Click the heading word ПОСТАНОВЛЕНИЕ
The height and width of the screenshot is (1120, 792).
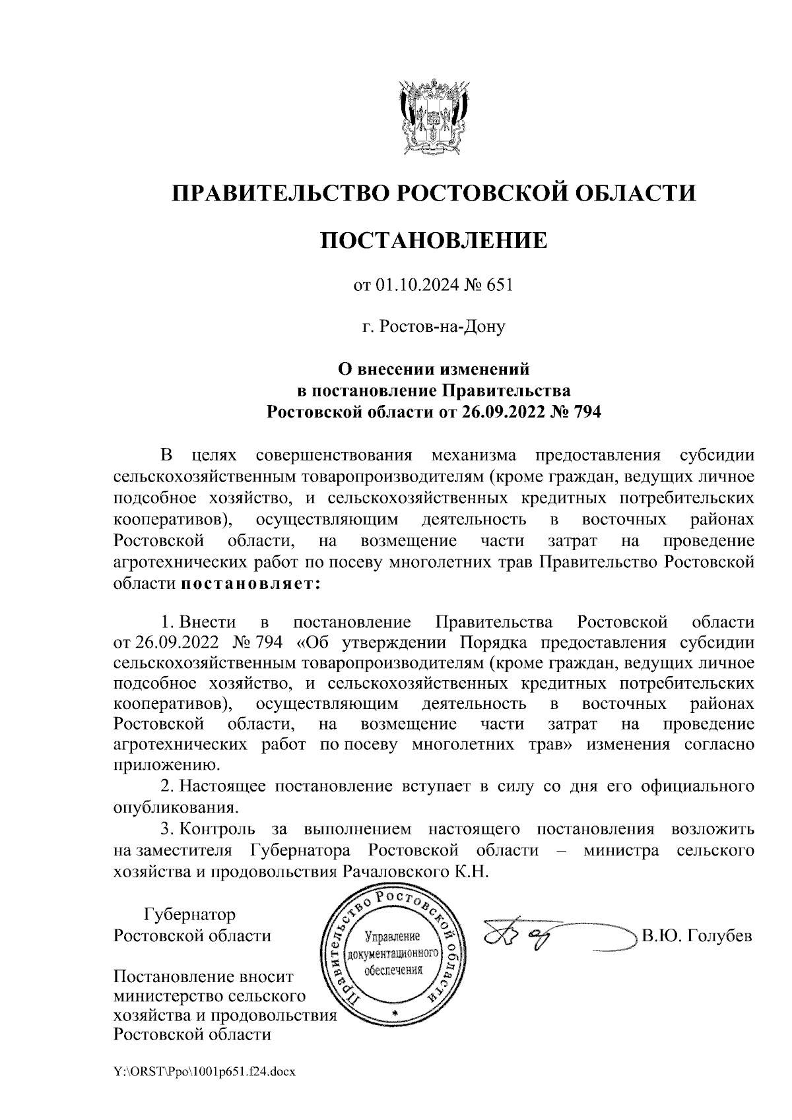pyautogui.click(x=434, y=240)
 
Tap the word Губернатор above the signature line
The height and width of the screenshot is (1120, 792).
pyautogui.click(x=190, y=915)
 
